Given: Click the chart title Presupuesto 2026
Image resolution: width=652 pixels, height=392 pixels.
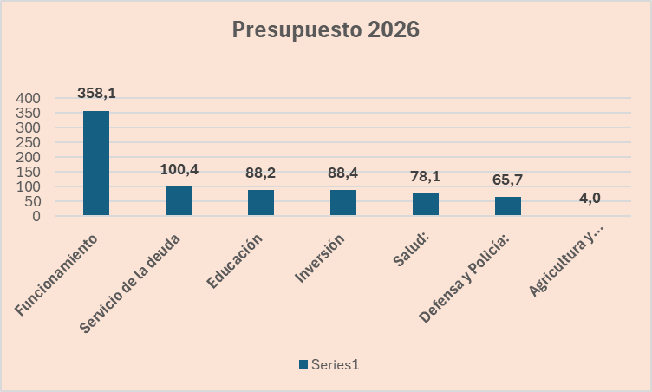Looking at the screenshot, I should click(x=325, y=30).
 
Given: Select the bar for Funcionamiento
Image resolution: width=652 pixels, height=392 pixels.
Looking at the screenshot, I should click(x=96, y=163).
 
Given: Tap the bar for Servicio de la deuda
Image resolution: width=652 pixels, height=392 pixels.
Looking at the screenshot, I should click(x=179, y=200).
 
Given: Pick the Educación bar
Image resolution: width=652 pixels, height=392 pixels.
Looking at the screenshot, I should click(x=261, y=202).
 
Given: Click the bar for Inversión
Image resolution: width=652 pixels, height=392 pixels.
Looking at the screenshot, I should click(x=343, y=202).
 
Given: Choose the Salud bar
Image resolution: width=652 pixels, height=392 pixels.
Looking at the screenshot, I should click(x=426, y=204).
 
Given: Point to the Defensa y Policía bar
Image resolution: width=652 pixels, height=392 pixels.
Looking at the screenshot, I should click(x=508, y=206).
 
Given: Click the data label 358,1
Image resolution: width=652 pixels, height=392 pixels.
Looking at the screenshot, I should click(x=96, y=93).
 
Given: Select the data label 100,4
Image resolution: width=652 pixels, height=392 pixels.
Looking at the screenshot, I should click(x=179, y=168).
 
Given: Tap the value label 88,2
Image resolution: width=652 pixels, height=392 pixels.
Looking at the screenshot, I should click(x=261, y=173).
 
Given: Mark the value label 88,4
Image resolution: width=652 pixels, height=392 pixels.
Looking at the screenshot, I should click(x=343, y=173).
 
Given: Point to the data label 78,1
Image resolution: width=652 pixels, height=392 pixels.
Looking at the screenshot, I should click(x=426, y=176).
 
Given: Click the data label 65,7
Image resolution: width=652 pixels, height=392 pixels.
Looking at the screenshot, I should click(x=508, y=180).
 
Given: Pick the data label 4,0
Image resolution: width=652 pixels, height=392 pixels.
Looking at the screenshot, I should click(x=590, y=198).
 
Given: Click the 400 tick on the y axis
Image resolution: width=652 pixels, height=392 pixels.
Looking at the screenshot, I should click(x=29, y=99).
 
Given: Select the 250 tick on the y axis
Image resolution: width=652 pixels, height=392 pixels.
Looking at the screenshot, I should click(x=29, y=143).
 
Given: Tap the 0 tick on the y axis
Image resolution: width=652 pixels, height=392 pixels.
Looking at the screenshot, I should click(x=36, y=216).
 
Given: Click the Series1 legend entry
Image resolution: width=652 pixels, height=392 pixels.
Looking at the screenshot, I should click(x=329, y=365).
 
